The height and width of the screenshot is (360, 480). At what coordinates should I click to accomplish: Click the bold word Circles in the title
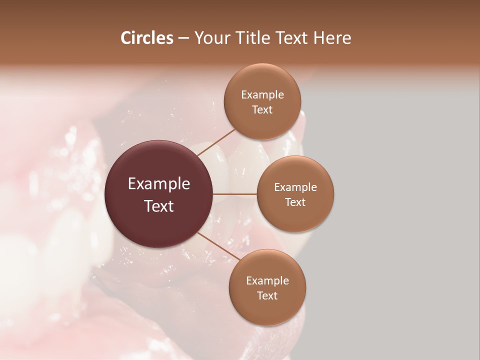tap(146, 37)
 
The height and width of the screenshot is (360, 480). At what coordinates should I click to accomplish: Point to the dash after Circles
tap(183, 38)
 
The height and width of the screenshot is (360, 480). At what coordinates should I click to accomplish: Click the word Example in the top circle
tap(262, 95)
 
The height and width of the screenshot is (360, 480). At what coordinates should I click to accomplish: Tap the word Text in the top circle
tap(262, 110)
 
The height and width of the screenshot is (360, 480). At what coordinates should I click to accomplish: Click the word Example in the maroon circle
tap(159, 184)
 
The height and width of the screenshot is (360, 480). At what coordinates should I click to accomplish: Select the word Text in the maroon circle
tap(159, 206)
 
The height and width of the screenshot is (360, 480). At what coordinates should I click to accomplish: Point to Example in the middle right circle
tap(295, 187)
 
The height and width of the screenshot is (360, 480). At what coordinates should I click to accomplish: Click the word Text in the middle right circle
tap(295, 202)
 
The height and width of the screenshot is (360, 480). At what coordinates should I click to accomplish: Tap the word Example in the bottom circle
tap(267, 281)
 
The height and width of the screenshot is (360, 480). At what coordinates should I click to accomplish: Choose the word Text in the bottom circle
tap(267, 296)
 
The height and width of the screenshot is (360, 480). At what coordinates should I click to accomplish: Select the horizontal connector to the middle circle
tap(235, 194)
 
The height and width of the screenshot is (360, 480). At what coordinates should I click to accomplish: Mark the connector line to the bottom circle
tap(218, 246)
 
